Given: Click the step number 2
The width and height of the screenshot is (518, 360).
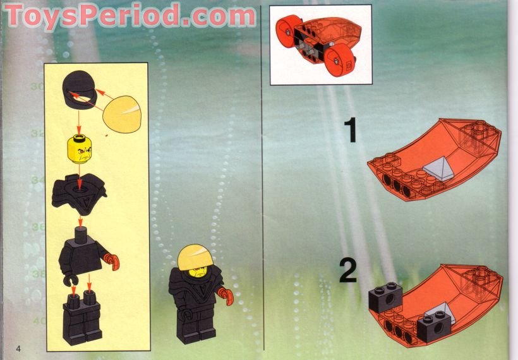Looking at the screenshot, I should coord(348,272).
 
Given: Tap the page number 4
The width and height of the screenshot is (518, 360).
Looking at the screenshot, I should coord(20,348).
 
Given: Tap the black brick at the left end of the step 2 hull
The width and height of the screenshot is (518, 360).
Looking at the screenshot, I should coord(385,294).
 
